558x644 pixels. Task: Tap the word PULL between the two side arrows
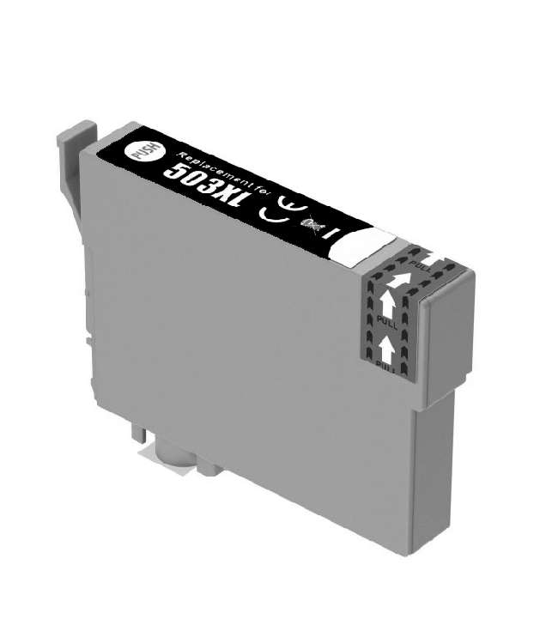pyautogui.click(x=387, y=321)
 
